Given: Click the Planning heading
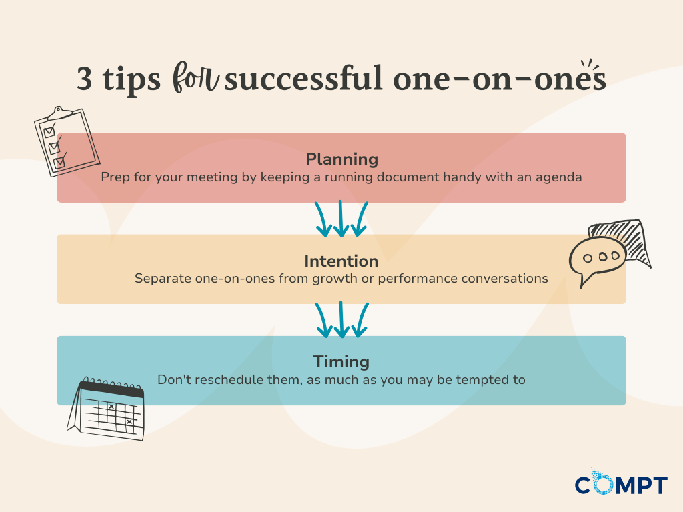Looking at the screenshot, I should coord(341,159).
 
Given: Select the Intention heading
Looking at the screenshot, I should coord(341,261).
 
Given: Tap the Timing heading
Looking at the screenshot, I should coord(341,362).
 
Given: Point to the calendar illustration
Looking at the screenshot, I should coord(107,409).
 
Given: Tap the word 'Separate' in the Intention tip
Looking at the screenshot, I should coord(161,278).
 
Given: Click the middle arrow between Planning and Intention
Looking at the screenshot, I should coord(341,219).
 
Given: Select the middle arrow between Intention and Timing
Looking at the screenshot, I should coord(341,320).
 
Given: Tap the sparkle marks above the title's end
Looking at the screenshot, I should coord(590,64).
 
